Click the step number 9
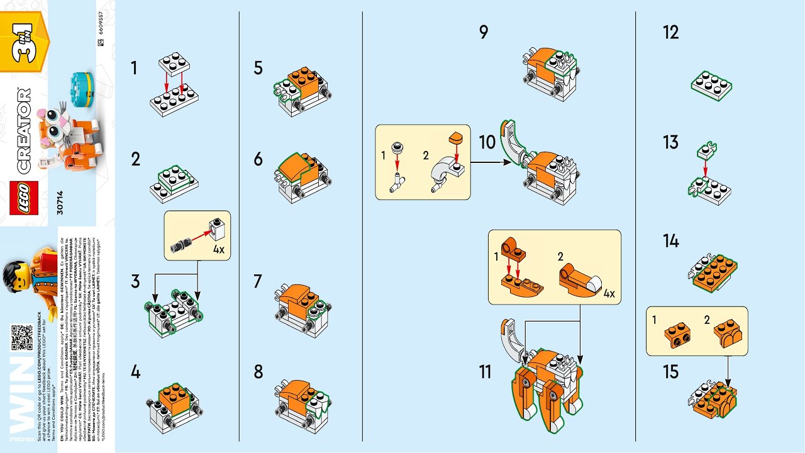483,32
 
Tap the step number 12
671,33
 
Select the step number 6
258,159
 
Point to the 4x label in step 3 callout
218,249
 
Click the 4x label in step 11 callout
609,293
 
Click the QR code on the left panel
21,337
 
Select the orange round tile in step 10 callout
455,137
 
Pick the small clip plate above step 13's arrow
706,150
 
